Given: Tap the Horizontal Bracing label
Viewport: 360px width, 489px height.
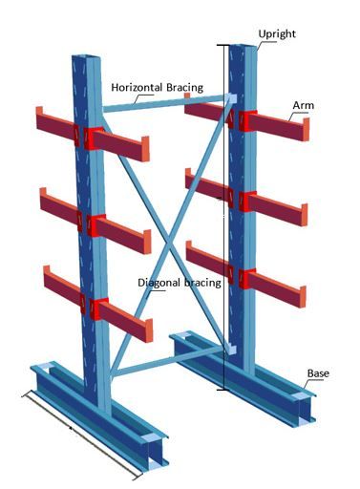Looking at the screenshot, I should click(157, 87).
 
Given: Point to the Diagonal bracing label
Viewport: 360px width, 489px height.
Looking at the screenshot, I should click(180, 283).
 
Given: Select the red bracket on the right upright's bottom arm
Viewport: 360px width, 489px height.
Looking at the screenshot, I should click(247, 280).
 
